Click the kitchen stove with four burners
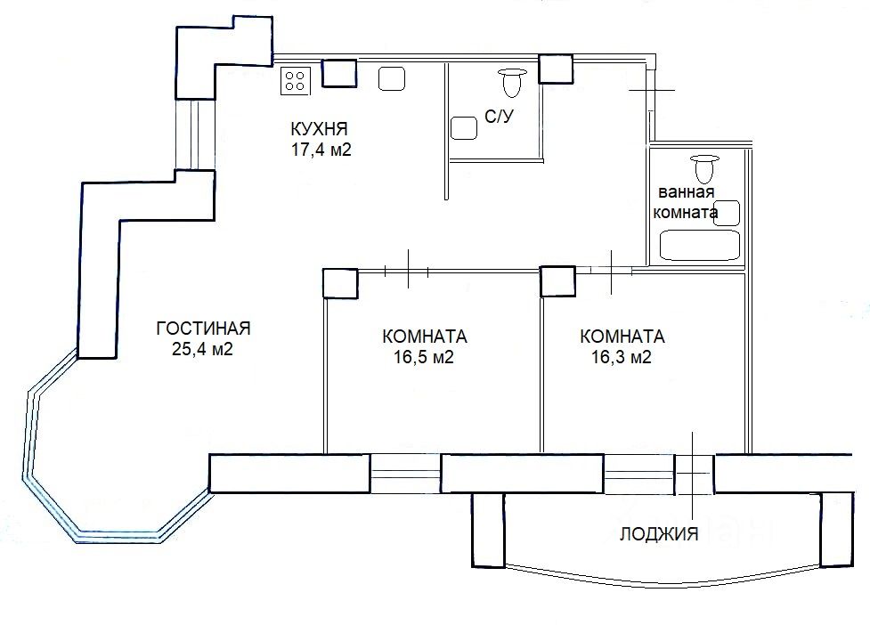tap(295, 80)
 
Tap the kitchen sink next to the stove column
tap(392, 78)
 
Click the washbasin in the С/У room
tap(464, 128)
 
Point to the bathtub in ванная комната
tap(700, 246)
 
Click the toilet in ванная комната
tap(704, 168)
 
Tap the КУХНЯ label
tap(320, 129)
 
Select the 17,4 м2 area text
tap(321, 150)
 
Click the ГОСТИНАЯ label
tap(203, 329)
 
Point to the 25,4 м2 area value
tap(202, 350)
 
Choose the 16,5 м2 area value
tap(424, 357)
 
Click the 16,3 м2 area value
tap(622, 357)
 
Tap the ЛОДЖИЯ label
tap(659, 533)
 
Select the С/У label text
tap(500, 117)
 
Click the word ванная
tap(687, 192)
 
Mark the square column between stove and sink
tap(339, 73)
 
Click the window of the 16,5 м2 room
tap(405, 474)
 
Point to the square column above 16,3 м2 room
tap(557, 281)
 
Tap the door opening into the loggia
tap(694, 474)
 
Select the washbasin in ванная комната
tap(727, 213)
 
